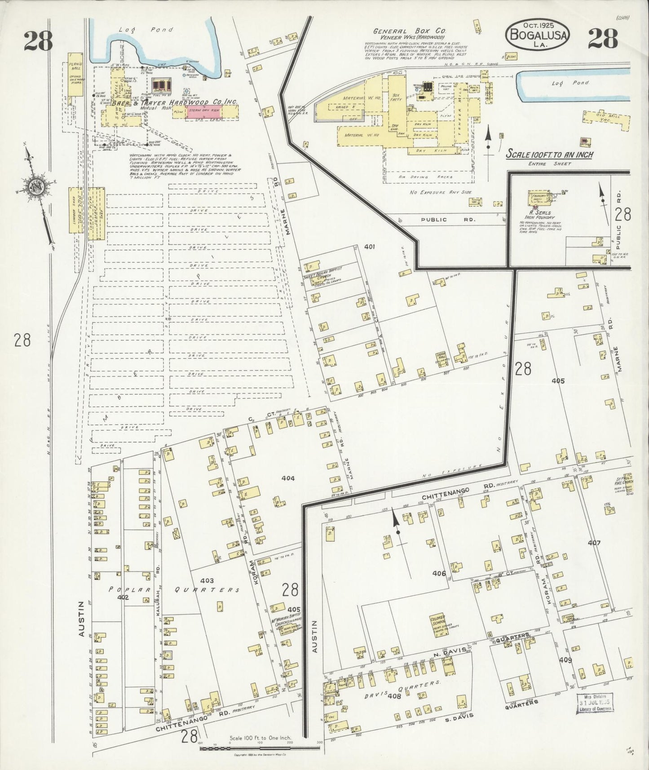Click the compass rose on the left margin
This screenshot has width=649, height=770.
pyautogui.click(x=36, y=188)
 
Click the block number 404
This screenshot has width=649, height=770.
pyautogui.click(x=288, y=478)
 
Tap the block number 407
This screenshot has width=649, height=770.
pyautogui.click(x=594, y=543)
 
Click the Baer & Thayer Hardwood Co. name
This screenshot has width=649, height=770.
pyautogui.click(x=174, y=102)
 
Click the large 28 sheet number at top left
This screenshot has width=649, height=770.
pyautogui.click(x=38, y=40)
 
